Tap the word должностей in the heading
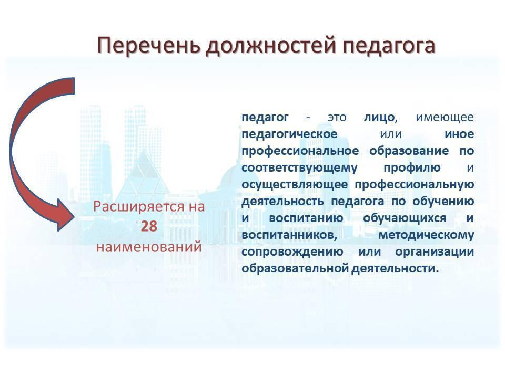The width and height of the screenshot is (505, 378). [x=272, y=46]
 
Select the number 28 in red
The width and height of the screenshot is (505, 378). [x=149, y=227]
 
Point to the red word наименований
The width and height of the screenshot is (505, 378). [x=149, y=247]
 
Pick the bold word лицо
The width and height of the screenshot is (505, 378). [x=379, y=118]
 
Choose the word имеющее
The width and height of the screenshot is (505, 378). [x=445, y=118]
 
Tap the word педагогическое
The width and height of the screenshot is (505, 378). [x=289, y=134]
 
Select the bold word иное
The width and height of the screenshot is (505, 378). [x=459, y=134]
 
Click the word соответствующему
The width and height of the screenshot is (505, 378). [x=299, y=168]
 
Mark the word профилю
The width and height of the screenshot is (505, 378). [x=412, y=168]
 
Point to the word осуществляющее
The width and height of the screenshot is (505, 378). [x=295, y=185]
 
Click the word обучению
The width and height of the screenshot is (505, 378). [x=443, y=202]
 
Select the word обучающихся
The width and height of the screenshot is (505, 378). [x=405, y=218]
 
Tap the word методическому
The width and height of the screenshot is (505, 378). [x=426, y=235]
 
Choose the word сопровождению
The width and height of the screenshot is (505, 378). [x=292, y=251]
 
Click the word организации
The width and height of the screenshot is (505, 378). [x=435, y=251]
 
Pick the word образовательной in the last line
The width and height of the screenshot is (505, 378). [x=295, y=268]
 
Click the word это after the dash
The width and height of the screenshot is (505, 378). [x=337, y=118]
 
